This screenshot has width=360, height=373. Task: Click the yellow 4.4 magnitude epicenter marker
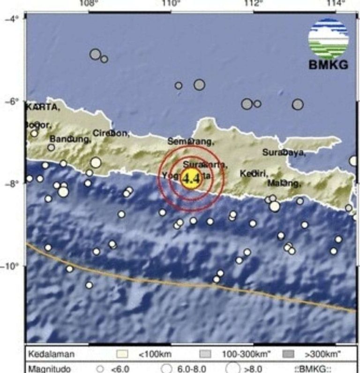(x=191, y=179)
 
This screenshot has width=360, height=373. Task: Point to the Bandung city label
(x=70, y=139)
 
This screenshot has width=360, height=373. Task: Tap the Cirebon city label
(x=111, y=133)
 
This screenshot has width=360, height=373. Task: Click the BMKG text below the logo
(x=329, y=66)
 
